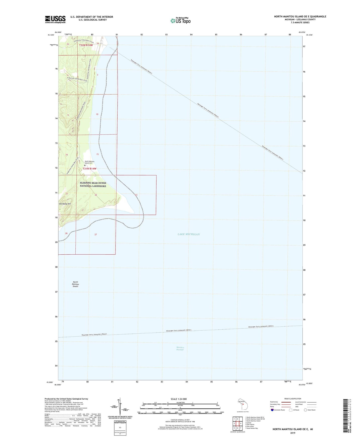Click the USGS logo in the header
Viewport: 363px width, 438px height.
click(55, 19)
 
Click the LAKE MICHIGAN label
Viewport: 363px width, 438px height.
click(189, 234)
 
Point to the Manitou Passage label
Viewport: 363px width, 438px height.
click(180, 348)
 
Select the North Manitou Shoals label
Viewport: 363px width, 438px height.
click(75, 284)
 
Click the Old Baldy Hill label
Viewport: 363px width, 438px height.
click(65, 204)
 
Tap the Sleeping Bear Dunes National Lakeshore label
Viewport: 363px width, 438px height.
click(93, 185)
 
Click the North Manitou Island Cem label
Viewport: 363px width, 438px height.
click(90, 162)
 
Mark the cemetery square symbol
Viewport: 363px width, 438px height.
click(85, 165)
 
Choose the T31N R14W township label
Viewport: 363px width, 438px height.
click(89, 169)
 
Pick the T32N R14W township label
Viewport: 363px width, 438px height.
click(86, 45)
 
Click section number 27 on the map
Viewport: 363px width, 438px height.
click(96, 235)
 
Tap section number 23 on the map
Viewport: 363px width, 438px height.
click(136, 195)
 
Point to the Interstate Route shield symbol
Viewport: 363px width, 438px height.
click(272, 410)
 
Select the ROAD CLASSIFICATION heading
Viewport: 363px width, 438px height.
click(293, 399)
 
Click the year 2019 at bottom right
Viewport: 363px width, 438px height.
click(293, 433)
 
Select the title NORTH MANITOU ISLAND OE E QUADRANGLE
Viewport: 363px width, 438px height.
click(300, 17)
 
